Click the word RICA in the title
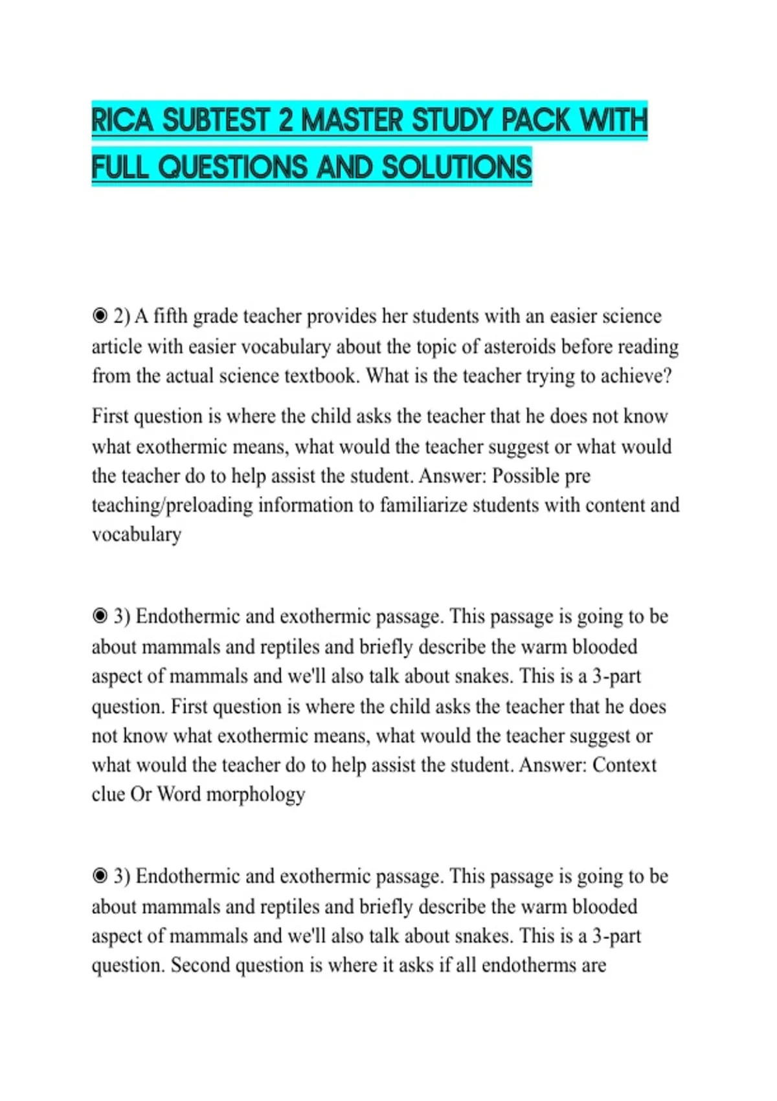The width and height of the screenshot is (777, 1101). [122, 120]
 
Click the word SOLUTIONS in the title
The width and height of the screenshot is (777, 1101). [456, 167]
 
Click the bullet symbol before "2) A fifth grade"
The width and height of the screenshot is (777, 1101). [100, 316]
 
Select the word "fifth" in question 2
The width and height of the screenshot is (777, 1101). [170, 316]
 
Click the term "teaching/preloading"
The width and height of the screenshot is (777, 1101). [172, 505]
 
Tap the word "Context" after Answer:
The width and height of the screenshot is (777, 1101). [624, 765]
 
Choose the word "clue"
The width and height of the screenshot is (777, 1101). [108, 794]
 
